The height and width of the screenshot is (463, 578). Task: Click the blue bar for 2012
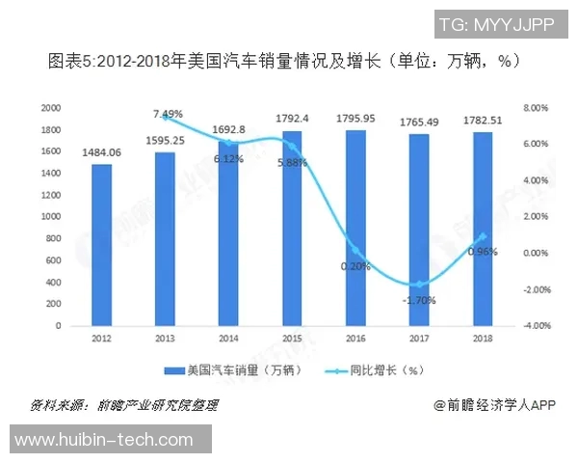click(101, 245)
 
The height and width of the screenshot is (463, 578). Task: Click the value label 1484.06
click(102, 152)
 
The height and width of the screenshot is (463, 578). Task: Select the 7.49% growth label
click(168, 114)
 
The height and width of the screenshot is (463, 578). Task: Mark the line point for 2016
click(355, 250)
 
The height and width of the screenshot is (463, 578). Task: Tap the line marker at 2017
click(418, 285)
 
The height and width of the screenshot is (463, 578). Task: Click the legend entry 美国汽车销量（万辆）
click(236, 369)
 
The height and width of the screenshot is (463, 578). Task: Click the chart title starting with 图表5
click(284, 62)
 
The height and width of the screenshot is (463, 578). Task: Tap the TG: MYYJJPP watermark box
click(496, 24)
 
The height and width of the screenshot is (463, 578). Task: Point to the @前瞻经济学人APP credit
click(495, 405)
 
